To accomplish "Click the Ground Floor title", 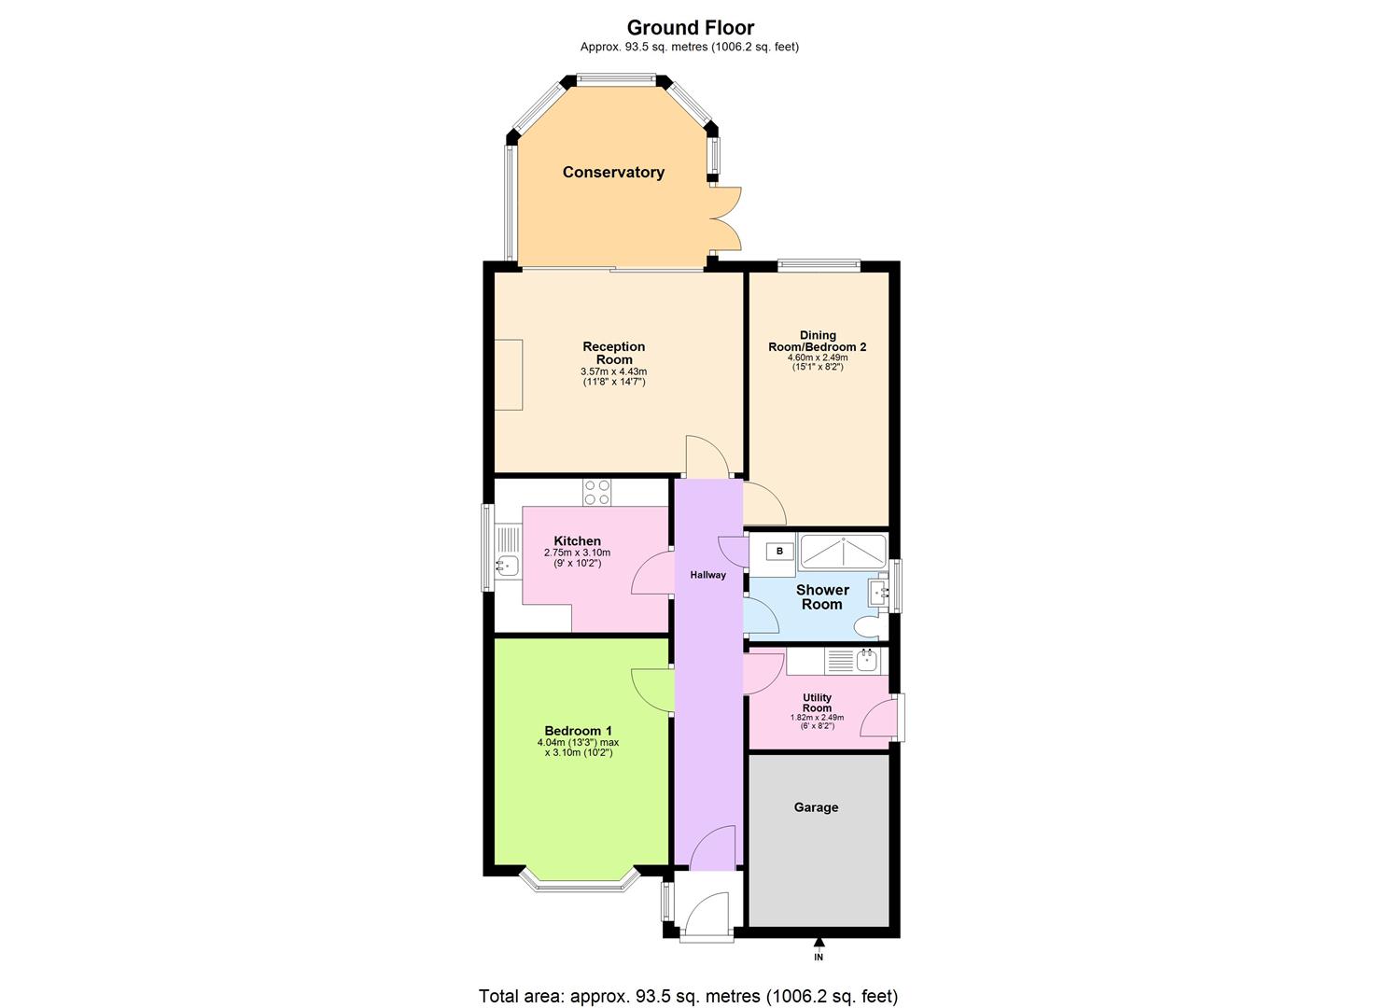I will click(690, 28).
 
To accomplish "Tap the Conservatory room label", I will click(613, 172).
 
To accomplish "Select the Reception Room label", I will click(613, 353).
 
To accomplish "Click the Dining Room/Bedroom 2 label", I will click(817, 341).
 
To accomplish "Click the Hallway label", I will click(707, 575).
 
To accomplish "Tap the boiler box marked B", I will click(779, 552).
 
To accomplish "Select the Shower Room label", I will click(822, 596).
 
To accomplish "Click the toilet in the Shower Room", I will click(871, 626).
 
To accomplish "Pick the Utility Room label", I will click(817, 703).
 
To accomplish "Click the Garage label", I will click(816, 807).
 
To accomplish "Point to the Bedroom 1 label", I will click(578, 731).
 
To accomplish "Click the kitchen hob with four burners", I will click(596, 492).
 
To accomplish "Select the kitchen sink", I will click(507, 565).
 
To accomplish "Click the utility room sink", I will click(867, 661).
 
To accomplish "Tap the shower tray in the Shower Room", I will click(843, 552).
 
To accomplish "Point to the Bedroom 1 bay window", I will click(578, 881).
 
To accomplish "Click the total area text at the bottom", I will click(688, 996).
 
